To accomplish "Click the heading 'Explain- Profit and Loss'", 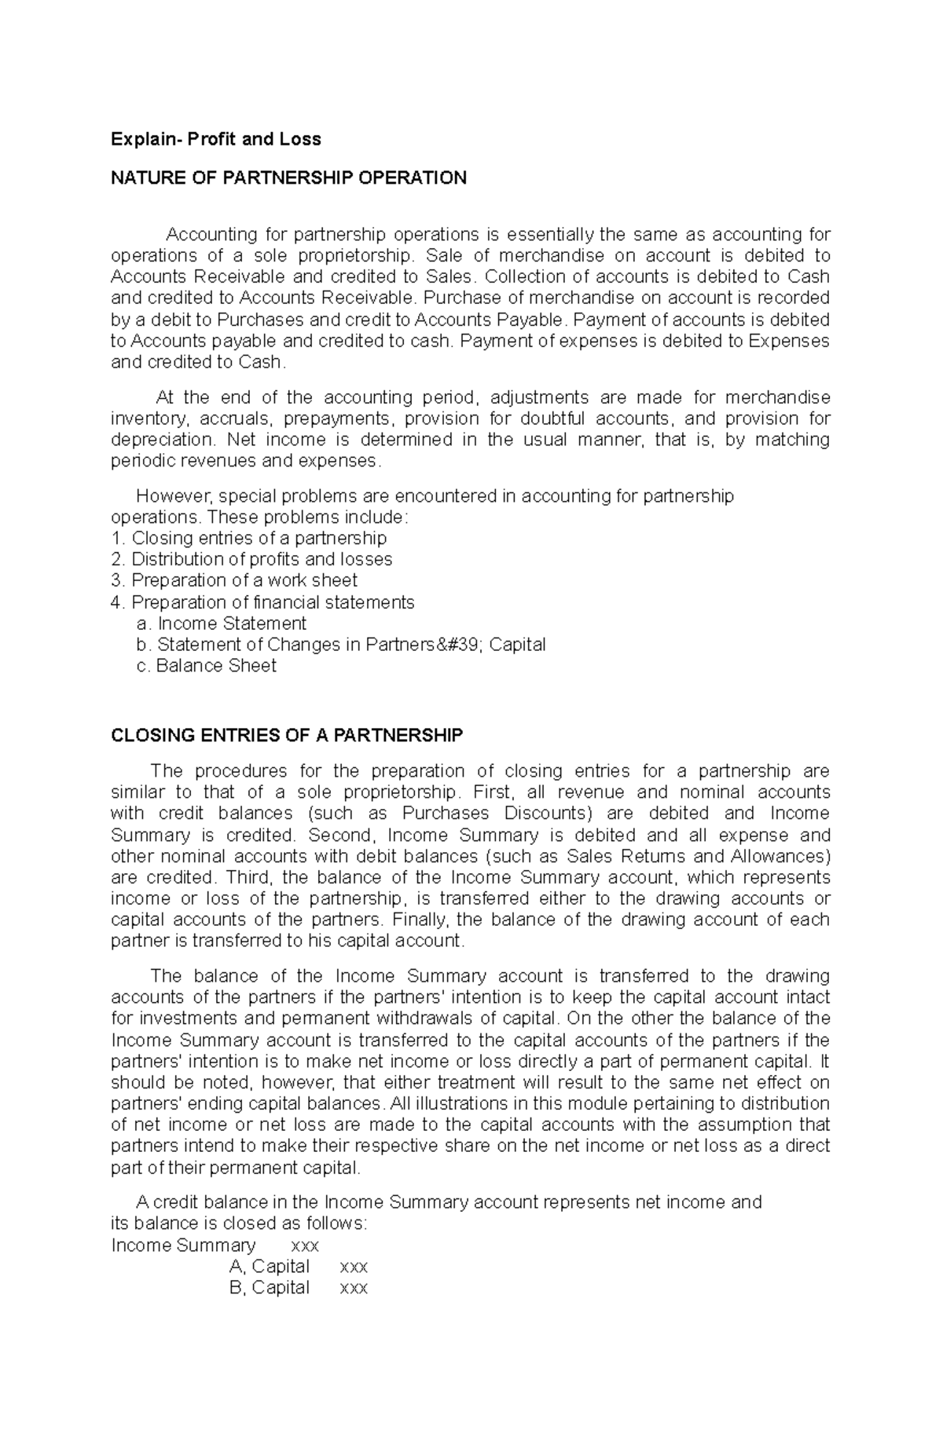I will click(x=215, y=140).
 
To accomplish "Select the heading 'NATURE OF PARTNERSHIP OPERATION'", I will click(x=288, y=178).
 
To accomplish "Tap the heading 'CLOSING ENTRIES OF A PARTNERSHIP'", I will click(x=287, y=736).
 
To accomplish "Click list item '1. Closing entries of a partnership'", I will click(x=249, y=538).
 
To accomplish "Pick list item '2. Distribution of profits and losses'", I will click(x=251, y=559).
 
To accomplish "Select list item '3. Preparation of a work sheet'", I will click(x=234, y=580).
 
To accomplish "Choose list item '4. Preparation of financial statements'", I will click(x=262, y=602).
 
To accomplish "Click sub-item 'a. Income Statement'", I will click(x=221, y=624).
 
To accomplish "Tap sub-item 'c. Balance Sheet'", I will click(x=206, y=666).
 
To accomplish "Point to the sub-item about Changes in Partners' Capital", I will click(x=340, y=645).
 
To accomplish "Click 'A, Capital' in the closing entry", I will click(x=270, y=1267).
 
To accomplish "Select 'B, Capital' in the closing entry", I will click(x=270, y=1288).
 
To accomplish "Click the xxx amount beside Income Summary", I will click(x=305, y=1245).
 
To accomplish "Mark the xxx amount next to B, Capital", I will click(x=353, y=1288).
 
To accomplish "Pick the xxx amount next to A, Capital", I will click(x=353, y=1267).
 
